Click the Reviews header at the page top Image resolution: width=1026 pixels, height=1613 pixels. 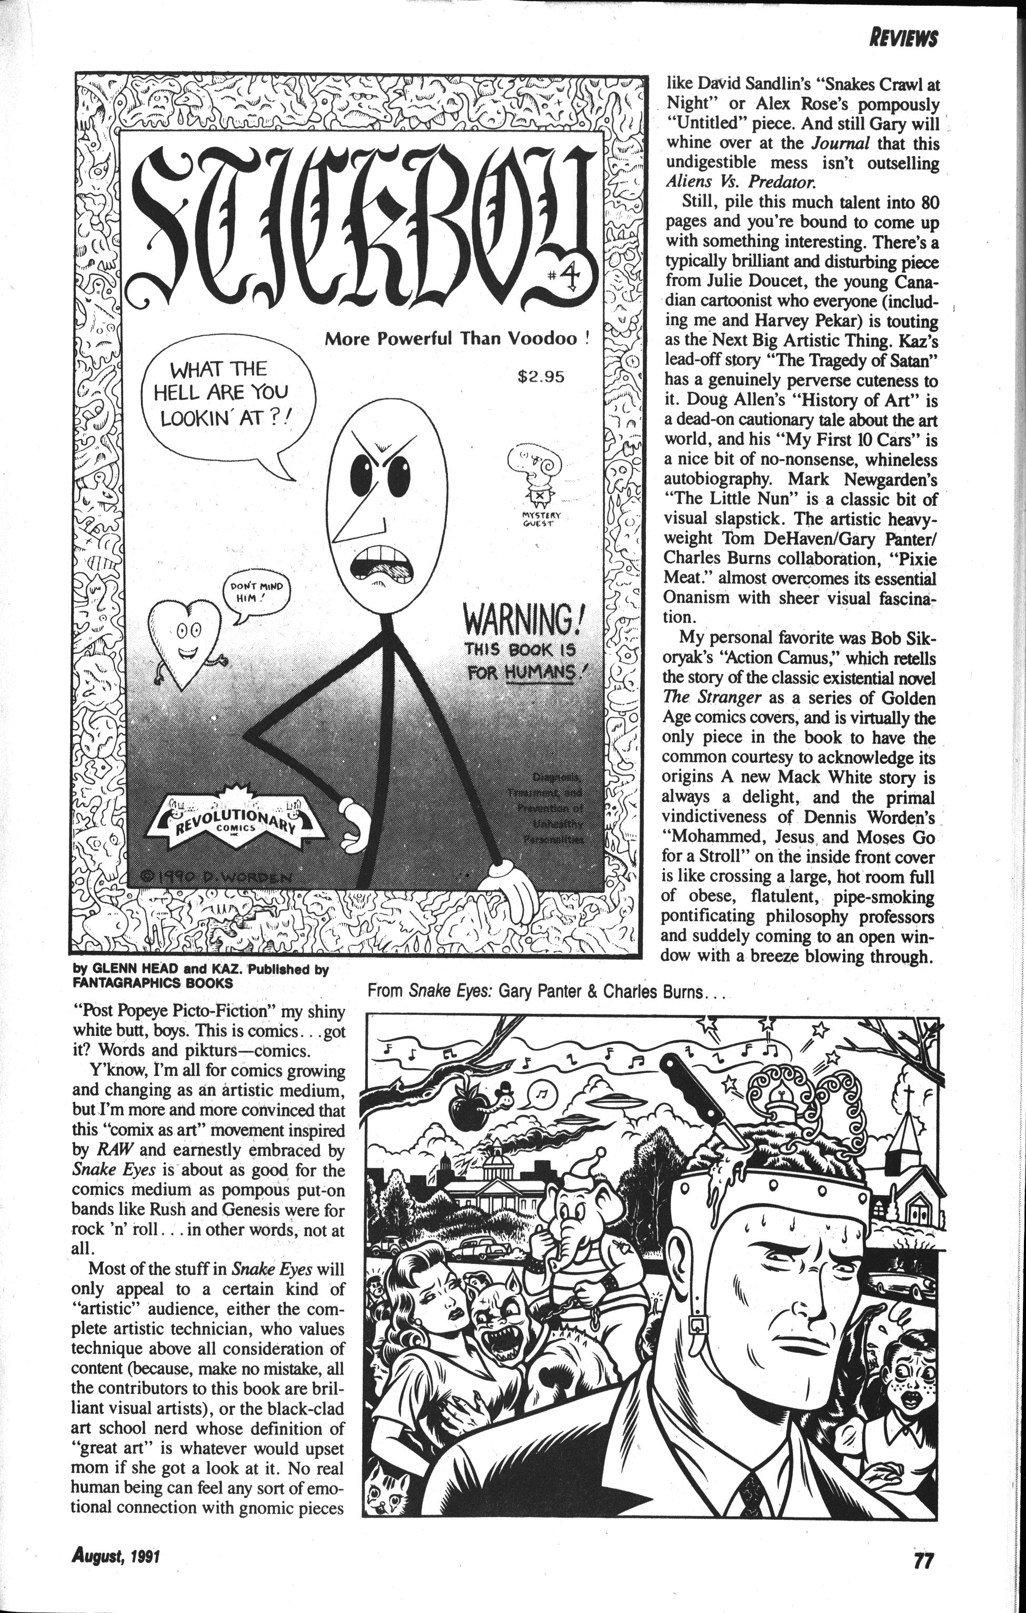click(x=902, y=38)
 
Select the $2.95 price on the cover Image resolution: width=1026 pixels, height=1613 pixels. click(x=541, y=376)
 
